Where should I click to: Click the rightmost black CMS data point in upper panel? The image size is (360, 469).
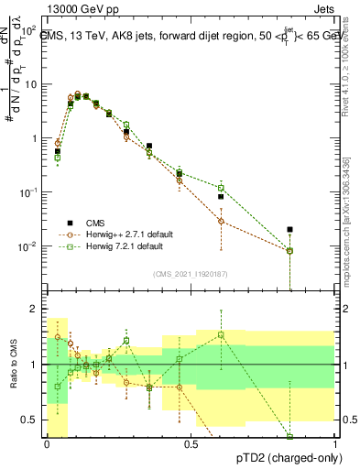pyautogui.click(x=289, y=230)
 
